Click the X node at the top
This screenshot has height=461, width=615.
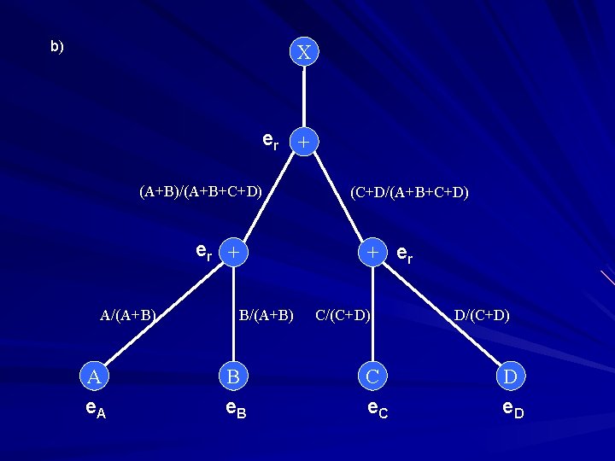pos(303,52)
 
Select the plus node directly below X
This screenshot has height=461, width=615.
pos(303,140)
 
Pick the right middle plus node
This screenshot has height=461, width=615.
pos(372,253)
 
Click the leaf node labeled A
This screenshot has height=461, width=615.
pos(94,376)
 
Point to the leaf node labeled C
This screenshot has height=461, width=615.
pos(372,376)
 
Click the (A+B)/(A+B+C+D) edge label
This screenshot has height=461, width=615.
pos(200,190)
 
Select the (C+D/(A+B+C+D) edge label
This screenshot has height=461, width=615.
pos(409,192)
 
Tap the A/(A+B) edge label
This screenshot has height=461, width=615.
pos(128,315)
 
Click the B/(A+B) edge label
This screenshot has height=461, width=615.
pos(266,315)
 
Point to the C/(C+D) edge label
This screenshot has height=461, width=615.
pos(343,315)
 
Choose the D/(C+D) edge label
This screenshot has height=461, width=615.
pos(482,315)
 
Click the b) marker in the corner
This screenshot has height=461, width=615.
pos(56,47)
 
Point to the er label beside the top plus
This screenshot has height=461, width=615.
pos(270,139)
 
